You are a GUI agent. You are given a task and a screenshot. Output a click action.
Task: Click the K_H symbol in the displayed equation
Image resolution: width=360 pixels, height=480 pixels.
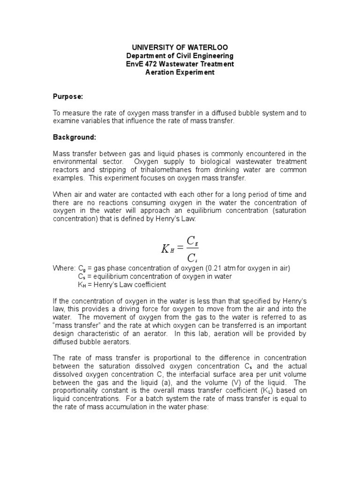point(168,249)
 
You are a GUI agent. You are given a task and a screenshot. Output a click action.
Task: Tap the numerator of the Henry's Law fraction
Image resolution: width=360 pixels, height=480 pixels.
point(192,240)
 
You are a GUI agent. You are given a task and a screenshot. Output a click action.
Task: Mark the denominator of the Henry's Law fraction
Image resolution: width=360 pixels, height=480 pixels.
point(192,258)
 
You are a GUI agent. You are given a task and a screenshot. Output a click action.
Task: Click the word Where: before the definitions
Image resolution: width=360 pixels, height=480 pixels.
point(64,269)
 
